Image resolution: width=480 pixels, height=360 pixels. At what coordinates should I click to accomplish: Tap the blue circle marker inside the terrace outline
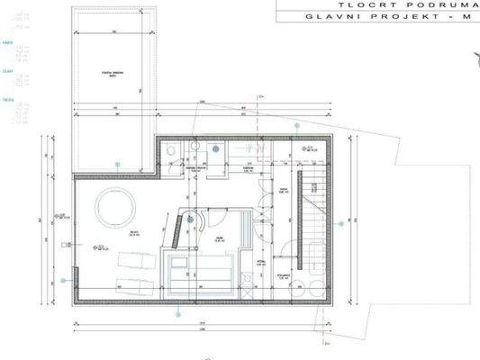coord(117,162)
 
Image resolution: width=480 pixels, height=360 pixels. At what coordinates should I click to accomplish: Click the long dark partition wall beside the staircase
coord(292,216)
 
